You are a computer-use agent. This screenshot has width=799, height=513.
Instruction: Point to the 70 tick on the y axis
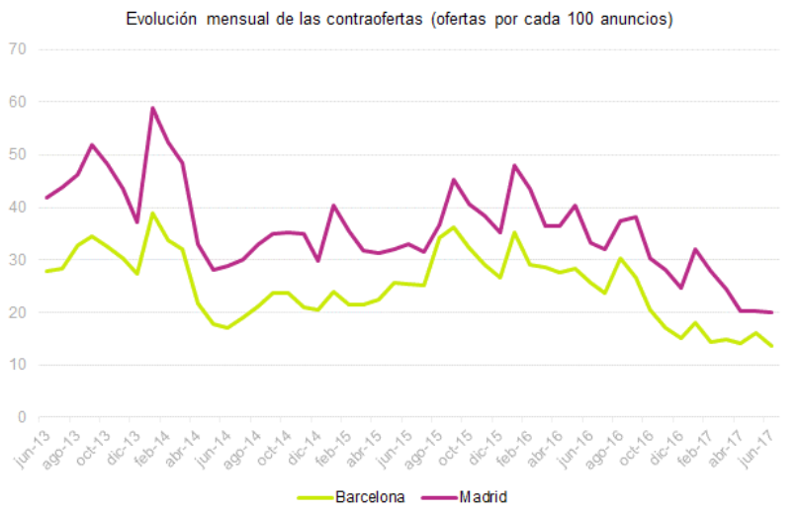pos(16,49)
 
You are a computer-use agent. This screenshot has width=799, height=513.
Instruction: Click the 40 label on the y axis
pos(16,208)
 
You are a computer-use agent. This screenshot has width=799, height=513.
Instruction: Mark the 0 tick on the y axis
pos(21,417)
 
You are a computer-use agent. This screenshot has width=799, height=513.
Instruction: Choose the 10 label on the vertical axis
pos(16,365)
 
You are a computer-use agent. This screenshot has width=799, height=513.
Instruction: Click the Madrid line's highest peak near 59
pos(153,108)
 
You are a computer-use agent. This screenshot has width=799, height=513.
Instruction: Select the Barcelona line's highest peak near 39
pos(153,214)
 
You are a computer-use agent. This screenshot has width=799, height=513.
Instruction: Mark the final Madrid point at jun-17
pos(771,312)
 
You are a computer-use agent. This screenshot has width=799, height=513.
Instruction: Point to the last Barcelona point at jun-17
pos(771,346)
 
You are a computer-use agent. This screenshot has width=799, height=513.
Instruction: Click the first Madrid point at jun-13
pos(46,198)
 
